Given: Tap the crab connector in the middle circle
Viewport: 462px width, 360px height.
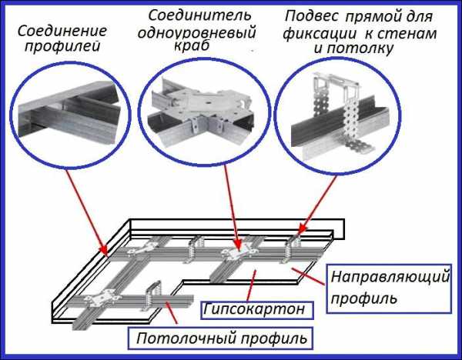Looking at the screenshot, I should coord(202,108).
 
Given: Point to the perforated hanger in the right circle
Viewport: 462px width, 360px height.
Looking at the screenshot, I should coord(332,108).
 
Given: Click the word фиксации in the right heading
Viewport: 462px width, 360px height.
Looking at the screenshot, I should coord(316,34).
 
